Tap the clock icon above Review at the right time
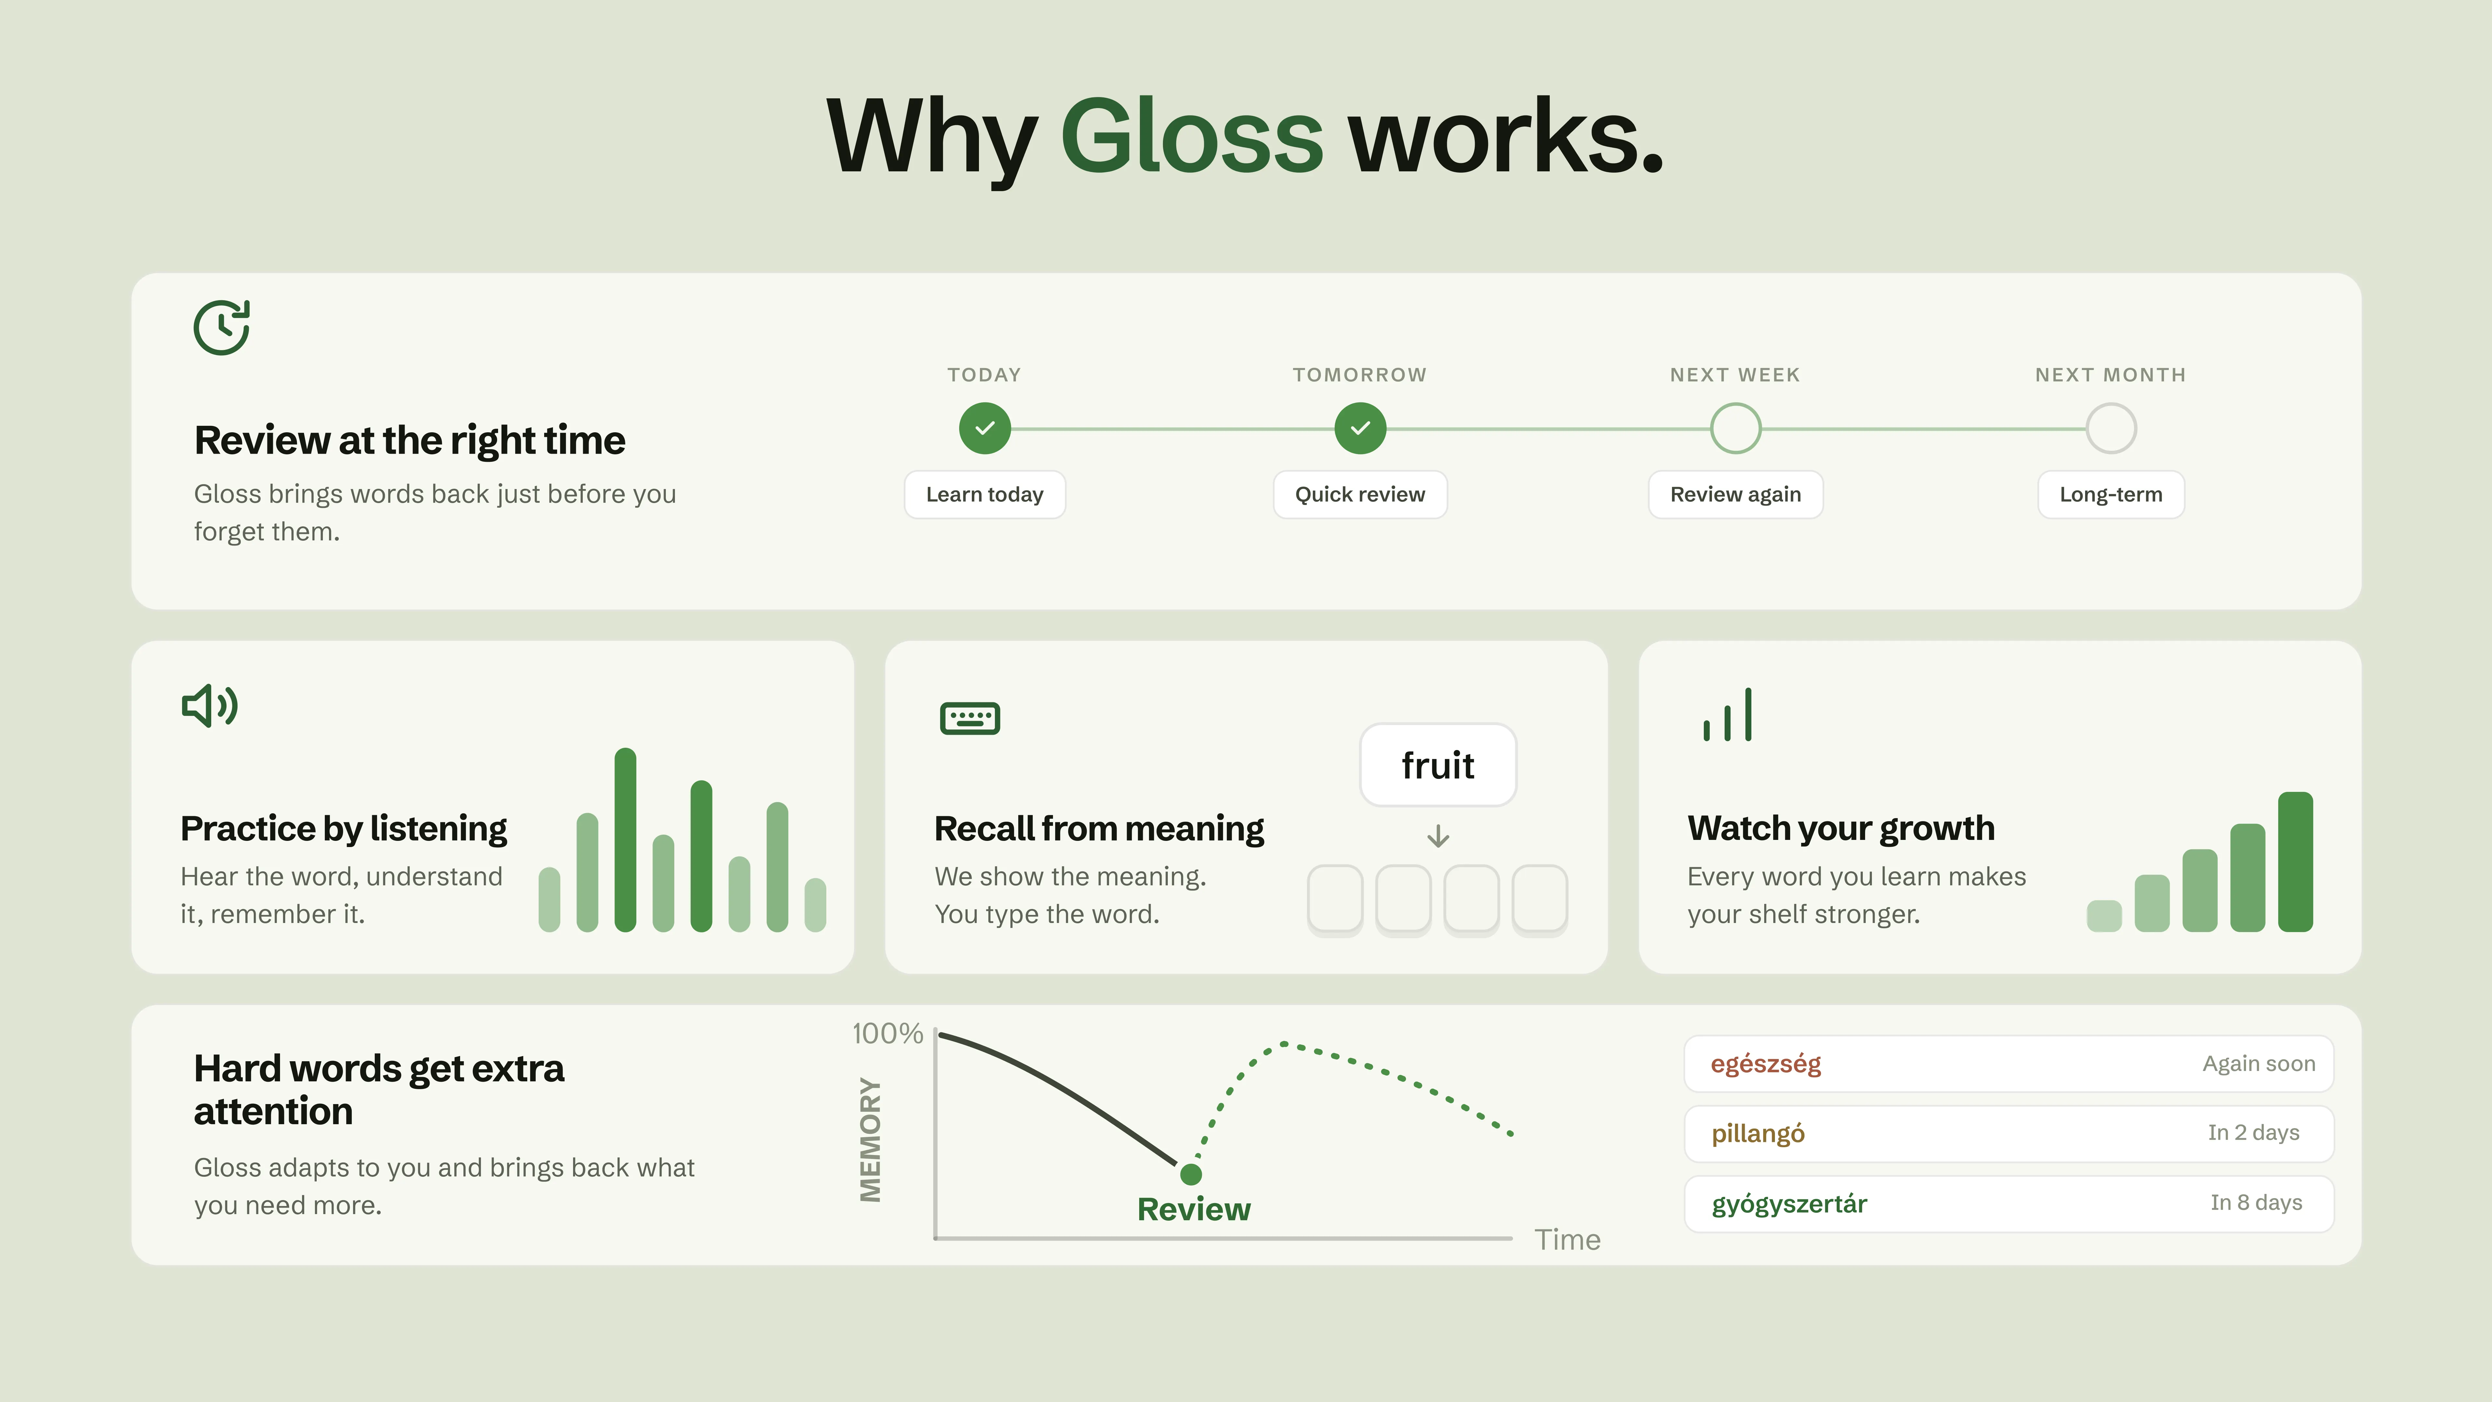coord(222,327)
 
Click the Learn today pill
coord(985,494)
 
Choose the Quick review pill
coord(1360,494)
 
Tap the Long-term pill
coord(2111,494)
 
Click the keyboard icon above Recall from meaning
coord(969,718)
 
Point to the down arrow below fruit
coord(1438,836)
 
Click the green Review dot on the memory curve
coord(1191,1174)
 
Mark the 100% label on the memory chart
coord(887,1033)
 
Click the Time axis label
coord(1567,1239)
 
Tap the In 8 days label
coord(2256,1203)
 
